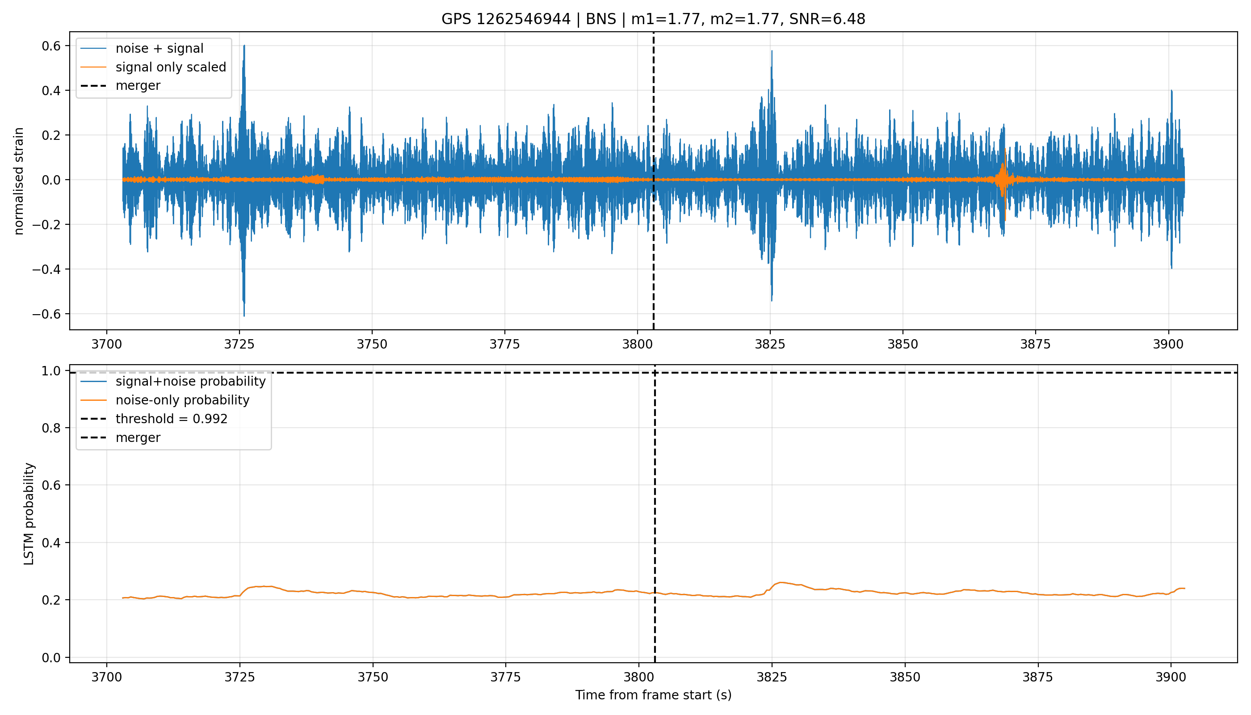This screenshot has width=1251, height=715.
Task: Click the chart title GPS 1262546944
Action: pyautogui.click(x=506, y=19)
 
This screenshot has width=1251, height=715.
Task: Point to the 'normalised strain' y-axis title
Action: pyautogui.click(x=19, y=181)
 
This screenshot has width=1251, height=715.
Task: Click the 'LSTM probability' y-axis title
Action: pyautogui.click(x=29, y=513)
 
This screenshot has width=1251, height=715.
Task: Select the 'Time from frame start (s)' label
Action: pyautogui.click(x=654, y=695)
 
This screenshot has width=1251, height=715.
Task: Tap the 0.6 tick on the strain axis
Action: pyautogui.click(x=51, y=46)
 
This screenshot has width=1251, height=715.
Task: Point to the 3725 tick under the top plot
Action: pyautogui.click(x=239, y=344)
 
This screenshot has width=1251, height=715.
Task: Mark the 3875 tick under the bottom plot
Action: pyautogui.click(x=1037, y=677)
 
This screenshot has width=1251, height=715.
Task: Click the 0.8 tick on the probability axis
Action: pyautogui.click(x=51, y=428)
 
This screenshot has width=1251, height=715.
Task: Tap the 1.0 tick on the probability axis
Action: pyautogui.click(x=51, y=371)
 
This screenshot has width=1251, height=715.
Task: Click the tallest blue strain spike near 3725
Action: pyautogui.click(x=244, y=46)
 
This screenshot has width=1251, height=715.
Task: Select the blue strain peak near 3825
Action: pyautogui.click(x=772, y=51)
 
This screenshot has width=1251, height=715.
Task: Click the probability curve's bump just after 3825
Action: pyautogui.click(x=780, y=583)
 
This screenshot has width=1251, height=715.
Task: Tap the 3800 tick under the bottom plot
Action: pyautogui.click(x=639, y=677)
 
